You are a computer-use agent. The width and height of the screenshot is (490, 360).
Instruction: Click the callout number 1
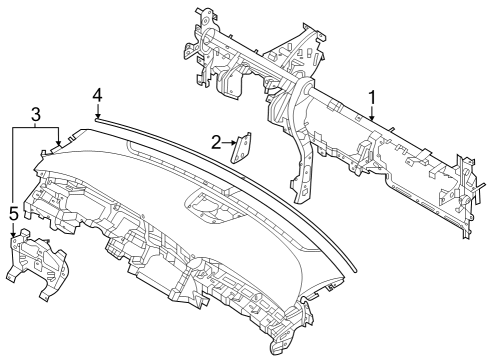point(372,97)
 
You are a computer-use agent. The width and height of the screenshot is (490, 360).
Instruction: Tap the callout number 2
point(215,142)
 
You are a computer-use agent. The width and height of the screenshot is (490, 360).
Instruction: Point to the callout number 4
point(97,95)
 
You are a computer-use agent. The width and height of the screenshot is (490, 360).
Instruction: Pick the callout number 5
point(13,213)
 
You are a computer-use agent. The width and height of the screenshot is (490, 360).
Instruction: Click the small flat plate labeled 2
point(242,148)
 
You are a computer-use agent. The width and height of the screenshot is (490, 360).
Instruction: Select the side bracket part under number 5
point(34,262)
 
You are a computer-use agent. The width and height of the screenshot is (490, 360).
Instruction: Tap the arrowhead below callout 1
point(372,121)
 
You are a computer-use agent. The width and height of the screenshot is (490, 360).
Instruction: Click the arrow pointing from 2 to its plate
point(229,143)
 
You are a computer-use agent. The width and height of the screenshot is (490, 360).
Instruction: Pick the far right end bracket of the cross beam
point(464,200)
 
